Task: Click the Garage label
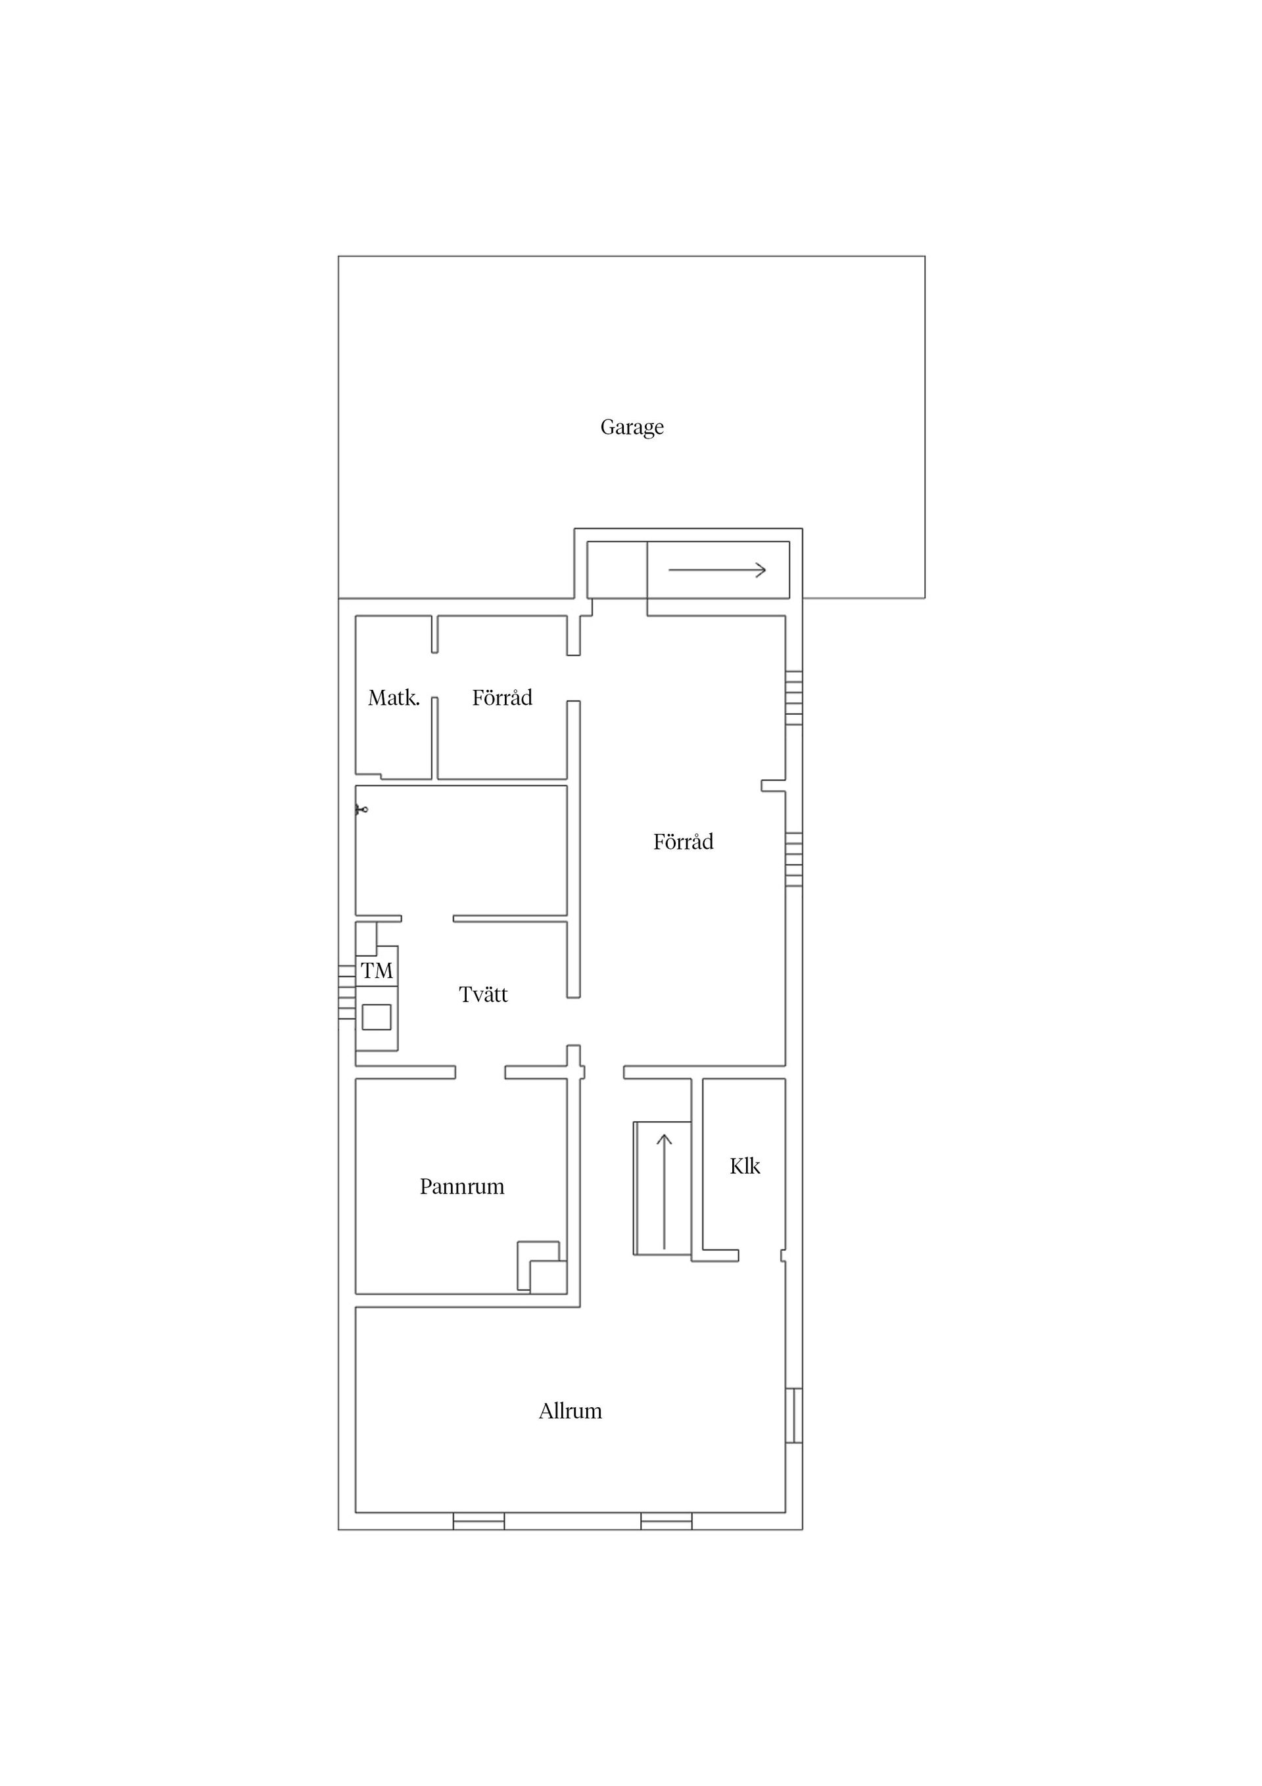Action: [x=632, y=427]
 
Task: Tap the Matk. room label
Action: [x=394, y=698]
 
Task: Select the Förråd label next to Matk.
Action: [x=502, y=697]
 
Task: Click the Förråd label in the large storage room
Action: [x=683, y=841]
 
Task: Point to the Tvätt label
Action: [x=483, y=994]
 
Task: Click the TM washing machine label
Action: [x=377, y=971]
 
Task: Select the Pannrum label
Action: [x=462, y=1186]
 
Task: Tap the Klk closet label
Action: [x=745, y=1165]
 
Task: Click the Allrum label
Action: [x=570, y=1411]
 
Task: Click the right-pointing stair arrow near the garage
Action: [x=717, y=569]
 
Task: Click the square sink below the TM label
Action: [x=377, y=1017]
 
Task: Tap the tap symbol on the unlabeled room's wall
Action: [x=362, y=809]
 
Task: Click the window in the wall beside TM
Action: [x=347, y=992]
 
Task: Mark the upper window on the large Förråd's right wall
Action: [x=794, y=698]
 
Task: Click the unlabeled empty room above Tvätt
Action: [x=461, y=850]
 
